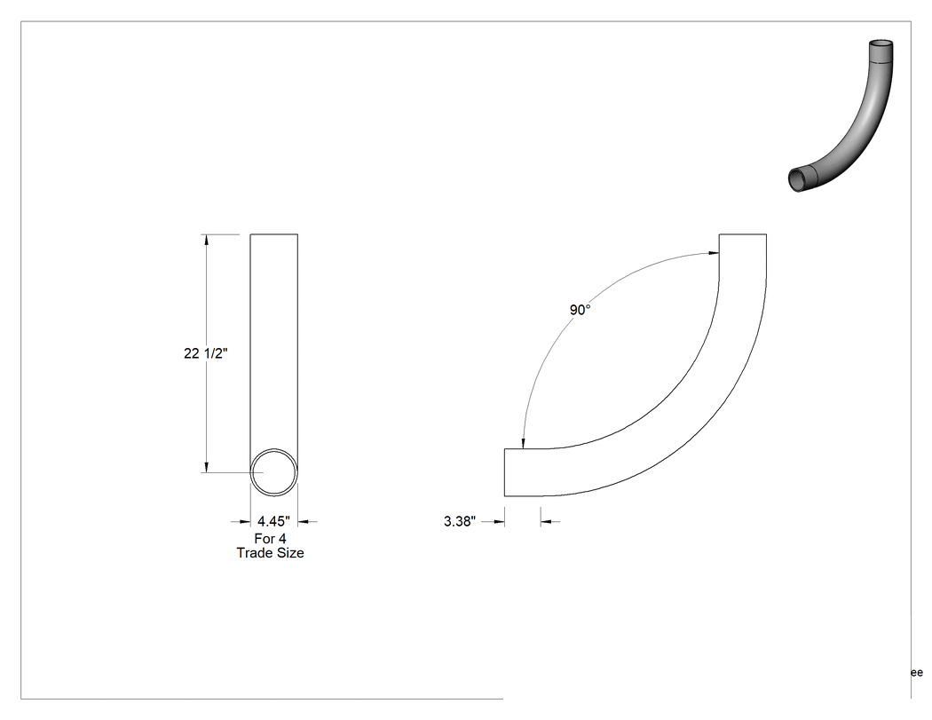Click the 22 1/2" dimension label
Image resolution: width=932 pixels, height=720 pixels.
point(206,353)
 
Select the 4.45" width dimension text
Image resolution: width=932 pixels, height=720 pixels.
point(273,521)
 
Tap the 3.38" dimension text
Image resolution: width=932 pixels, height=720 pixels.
point(460,521)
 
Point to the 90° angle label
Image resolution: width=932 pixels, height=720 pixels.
point(581,310)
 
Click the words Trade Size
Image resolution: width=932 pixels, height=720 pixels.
point(271,553)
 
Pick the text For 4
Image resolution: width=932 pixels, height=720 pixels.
point(271,539)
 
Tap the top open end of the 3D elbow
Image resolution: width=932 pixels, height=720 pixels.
point(881,44)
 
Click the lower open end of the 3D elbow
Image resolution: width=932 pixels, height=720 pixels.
point(796,179)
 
